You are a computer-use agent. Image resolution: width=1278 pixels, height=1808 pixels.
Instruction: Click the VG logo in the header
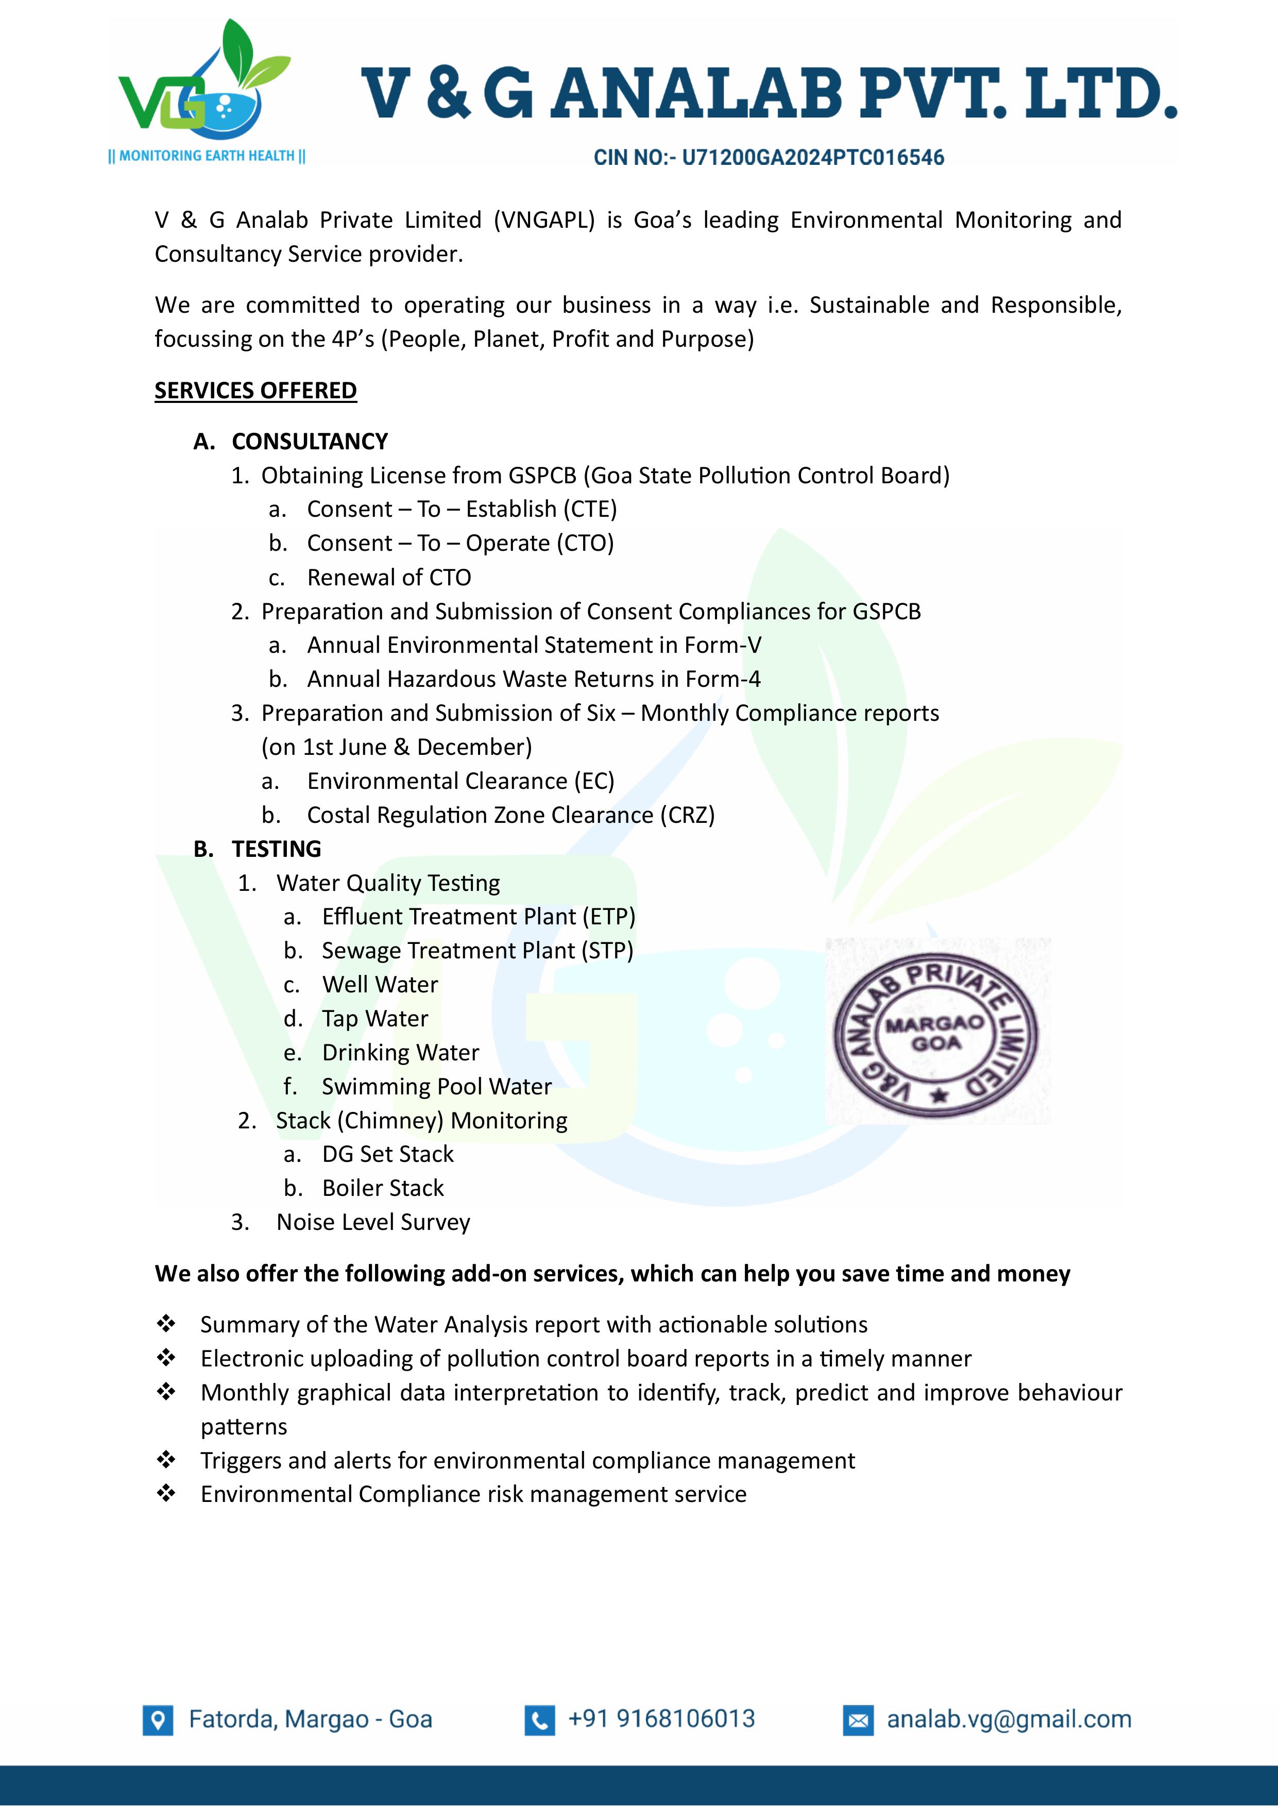203,82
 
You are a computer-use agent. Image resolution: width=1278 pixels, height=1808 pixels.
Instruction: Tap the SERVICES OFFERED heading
255,391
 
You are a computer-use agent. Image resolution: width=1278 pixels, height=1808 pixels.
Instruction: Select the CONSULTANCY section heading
310,441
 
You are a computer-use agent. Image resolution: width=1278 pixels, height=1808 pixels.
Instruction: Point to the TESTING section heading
277,849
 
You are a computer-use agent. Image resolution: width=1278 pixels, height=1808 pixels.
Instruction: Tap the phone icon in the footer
539,1720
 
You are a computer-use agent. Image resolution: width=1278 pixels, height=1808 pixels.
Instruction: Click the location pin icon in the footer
158,1720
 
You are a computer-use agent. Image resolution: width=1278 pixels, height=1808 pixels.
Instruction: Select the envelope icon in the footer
858,1720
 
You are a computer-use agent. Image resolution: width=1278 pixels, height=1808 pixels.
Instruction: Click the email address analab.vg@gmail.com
1009,1719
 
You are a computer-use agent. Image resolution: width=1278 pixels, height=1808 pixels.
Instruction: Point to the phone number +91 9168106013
661,1719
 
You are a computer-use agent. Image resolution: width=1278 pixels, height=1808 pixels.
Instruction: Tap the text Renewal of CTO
389,577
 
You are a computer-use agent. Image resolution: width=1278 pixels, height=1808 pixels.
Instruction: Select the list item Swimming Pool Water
436,1087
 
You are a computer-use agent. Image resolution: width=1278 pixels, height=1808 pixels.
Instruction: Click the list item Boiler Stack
383,1188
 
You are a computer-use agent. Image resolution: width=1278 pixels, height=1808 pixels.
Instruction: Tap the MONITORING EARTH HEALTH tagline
207,156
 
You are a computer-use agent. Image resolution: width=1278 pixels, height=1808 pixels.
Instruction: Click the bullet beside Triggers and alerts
166,1461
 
